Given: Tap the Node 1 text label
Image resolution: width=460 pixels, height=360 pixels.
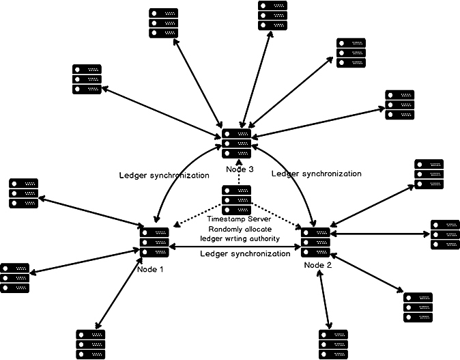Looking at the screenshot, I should (x=151, y=269).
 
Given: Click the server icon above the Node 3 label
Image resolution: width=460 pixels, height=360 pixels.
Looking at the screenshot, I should (x=236, y=143).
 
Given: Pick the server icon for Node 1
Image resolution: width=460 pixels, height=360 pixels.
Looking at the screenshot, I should (x=154, y=241).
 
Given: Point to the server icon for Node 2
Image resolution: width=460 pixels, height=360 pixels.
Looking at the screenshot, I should (x=315, y=241).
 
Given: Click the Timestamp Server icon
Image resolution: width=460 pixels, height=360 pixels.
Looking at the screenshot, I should (x=236, y=199).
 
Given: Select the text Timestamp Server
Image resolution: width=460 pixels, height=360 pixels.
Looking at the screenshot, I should (x=240, y=219).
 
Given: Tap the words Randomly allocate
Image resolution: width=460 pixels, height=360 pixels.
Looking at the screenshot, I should (x=240, y=228).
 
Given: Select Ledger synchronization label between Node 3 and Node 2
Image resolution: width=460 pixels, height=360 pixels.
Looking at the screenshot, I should (x=316, y=174).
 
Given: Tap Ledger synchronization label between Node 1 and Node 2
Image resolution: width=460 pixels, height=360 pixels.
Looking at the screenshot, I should (x=244, y=253).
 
